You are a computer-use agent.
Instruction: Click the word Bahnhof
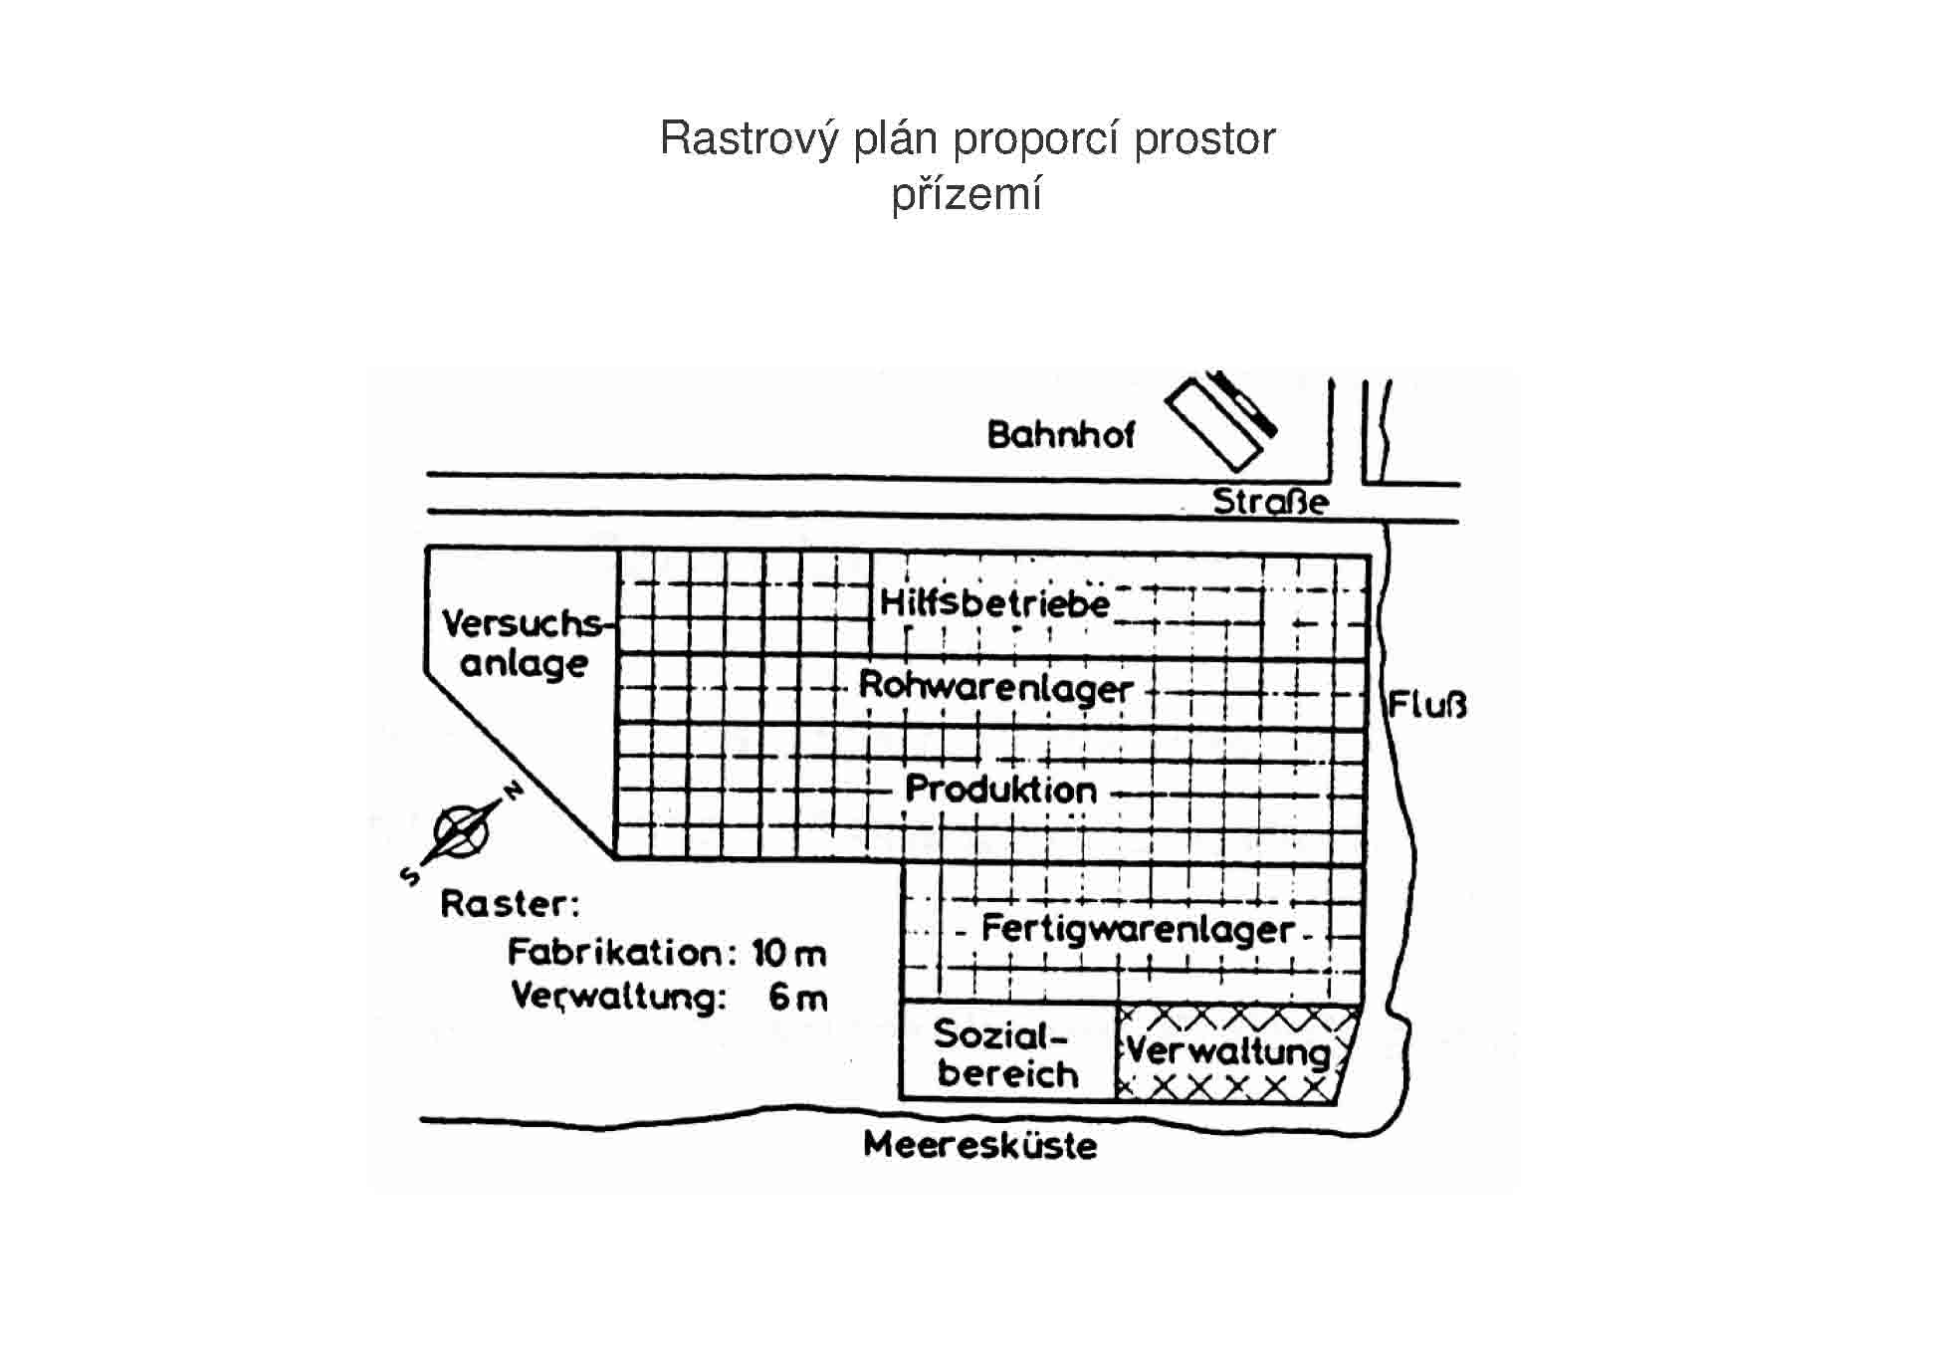click(x=1060, y=435)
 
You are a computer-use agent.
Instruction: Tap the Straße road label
click(x=1270, y=501)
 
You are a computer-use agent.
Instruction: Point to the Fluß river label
click(x=1427, y=707)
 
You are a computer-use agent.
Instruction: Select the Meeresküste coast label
click(x=979, y=1145)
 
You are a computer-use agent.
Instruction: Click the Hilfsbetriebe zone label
click(x=994, y=603)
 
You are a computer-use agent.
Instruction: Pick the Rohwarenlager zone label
click(x=995, y=687)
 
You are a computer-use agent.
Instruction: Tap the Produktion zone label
click(x=1000, y=790)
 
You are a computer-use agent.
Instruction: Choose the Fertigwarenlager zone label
click(x=1138, y=929)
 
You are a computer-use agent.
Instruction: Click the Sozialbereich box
click(x=1006, y=1053)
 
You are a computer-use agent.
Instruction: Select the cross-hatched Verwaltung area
click(x=1230, y=1053)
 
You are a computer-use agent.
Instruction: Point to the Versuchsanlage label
click(x=524, y=643)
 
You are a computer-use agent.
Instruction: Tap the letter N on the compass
click(x=514, y=791)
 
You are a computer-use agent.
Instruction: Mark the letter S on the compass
click(x=409, y=875)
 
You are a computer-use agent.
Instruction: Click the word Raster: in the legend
click(x=509, y=905)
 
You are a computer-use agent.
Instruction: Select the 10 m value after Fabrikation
click(x=789, y=954)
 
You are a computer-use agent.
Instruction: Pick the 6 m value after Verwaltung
click(x=797, y=997)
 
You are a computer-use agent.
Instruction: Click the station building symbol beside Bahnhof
click(x=1220, y=422)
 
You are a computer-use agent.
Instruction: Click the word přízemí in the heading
click(x=966, y=194)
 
